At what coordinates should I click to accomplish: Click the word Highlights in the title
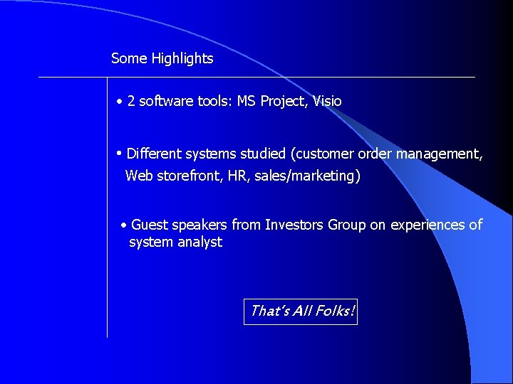coord(182,59)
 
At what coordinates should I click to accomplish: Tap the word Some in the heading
coord(129,59)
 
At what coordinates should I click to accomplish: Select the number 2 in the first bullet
coord(131,102)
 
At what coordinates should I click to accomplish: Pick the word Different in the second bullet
coord(155,154)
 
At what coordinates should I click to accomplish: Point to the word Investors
coord(294,225)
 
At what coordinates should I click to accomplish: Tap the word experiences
coord(426,225)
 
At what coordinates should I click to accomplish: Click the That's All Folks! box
coord(301,311)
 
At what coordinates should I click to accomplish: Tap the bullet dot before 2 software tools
coord(120,102)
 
